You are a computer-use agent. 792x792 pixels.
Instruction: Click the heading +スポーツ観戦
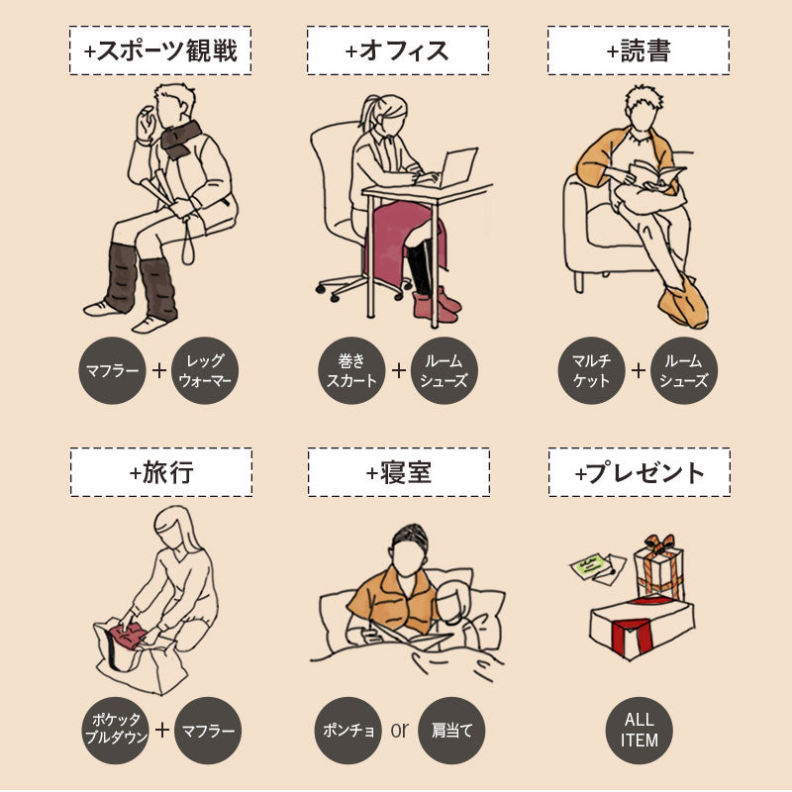coord(160,50)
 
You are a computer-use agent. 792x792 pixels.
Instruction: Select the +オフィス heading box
coord(397,50)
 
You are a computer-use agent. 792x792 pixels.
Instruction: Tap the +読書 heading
coord(638,50)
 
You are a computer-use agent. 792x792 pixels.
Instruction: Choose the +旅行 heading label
coord(160,472)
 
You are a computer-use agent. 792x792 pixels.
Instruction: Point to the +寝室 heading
coord(398,472)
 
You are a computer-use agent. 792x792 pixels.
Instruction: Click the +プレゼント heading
coord(639,472)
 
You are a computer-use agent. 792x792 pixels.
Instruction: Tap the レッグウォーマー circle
coord(205,370)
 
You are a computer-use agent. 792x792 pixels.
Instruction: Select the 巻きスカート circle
coord(351,370)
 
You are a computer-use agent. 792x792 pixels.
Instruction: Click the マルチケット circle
coord(592,370)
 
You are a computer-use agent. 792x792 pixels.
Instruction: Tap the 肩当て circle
coord(451,732)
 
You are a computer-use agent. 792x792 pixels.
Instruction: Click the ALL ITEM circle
coord(639,732)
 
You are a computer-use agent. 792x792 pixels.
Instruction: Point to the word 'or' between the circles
coord(399,731)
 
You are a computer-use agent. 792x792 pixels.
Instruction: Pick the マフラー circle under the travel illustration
coord(208,732)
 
